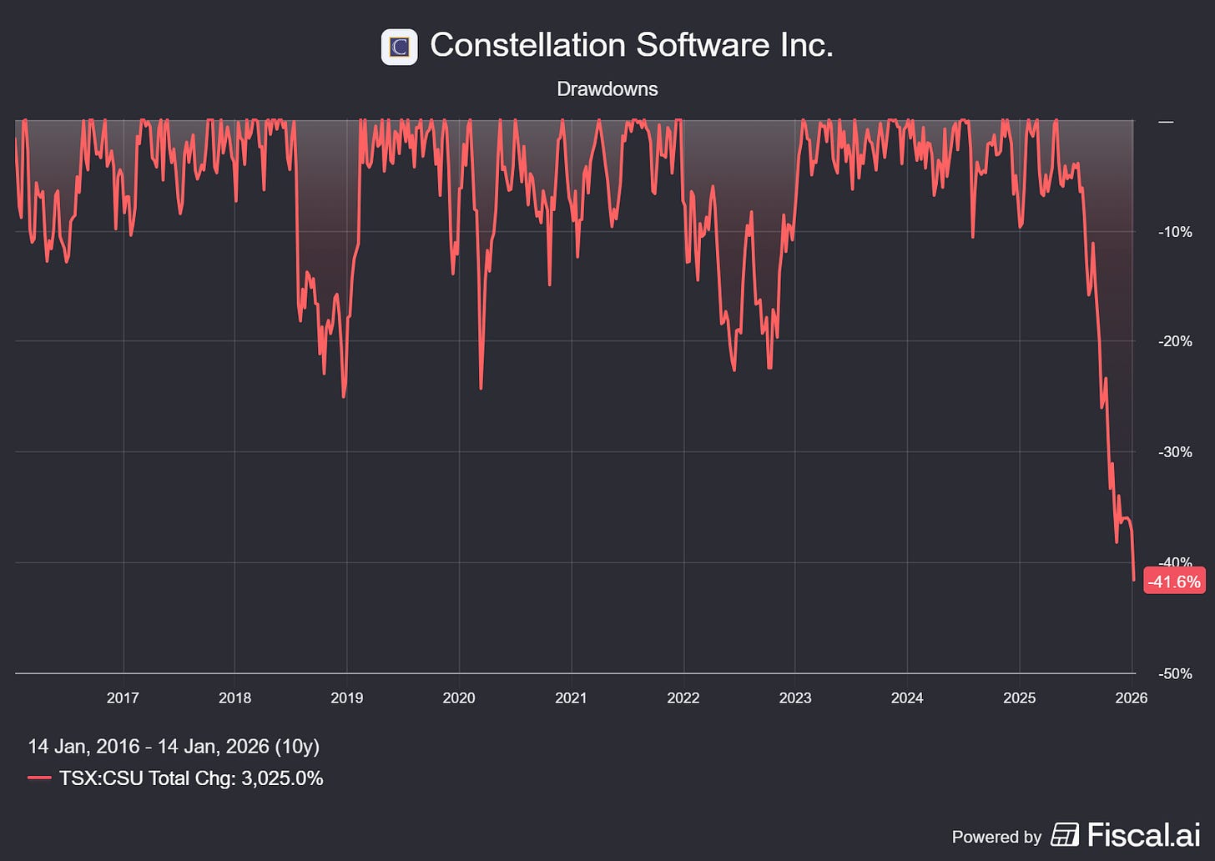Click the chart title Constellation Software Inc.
click(x=631, y=45)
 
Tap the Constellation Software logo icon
click(x=399, y=47)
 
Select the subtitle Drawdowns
click(x=607, y=89)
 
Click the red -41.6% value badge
click(x=1174, y=582)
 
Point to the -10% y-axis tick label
click(x=1175, y=232)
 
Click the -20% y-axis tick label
click(x=1175, y=341)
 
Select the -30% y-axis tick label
click(x=1175, y=452)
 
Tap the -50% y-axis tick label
click(x=1175, y=674)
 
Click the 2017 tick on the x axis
click(x=123, y=698)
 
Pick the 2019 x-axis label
click(x=346, y=698)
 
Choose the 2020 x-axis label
click(x=458, y=698)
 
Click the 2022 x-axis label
click(x=683, y=698)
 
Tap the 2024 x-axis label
click(x=906, y=698)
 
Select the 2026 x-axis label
click(x=1131, y=698)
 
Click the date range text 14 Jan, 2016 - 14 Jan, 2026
click(x=174, y=746)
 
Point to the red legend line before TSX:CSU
click(x=39, y=778)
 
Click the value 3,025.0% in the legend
click(x=282, y=778)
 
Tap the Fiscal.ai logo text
click(x=1143, y=834)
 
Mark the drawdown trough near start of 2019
click(x=344, y=396)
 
